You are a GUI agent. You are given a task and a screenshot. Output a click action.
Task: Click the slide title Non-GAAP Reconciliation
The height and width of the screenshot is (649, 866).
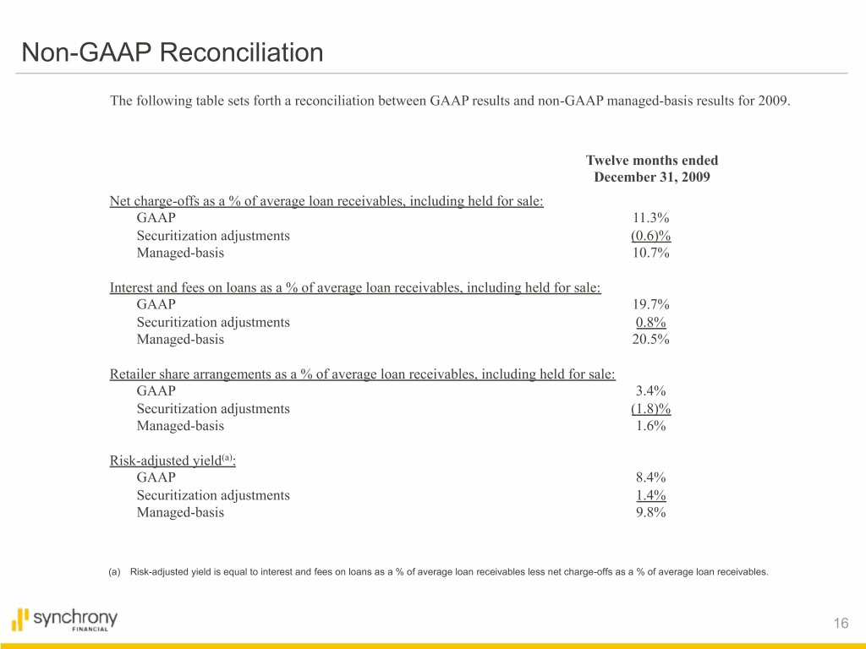tap(173, 53)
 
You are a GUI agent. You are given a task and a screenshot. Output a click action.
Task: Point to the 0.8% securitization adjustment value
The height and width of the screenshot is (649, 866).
tap(650, 322)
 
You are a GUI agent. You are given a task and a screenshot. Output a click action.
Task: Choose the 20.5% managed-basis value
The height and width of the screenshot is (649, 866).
tap(650, 339)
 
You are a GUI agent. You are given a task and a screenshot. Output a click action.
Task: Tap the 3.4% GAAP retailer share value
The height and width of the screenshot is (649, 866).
tap(650, 390)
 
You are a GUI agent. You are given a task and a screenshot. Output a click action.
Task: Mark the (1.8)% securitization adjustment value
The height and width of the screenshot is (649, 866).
tap(650, 408)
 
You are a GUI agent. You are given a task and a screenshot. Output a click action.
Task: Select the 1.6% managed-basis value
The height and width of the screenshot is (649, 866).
tap(650, 426)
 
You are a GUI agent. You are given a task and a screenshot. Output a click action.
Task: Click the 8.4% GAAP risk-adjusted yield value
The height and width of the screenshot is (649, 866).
tap(650, 477)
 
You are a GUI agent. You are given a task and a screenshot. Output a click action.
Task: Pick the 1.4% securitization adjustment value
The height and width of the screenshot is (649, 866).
tap(650, 495)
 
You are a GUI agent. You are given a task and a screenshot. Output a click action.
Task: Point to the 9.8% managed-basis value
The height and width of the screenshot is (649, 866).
tap(650, 512)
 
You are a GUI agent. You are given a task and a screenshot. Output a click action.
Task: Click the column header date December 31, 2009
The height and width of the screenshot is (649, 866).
tap(651, 177)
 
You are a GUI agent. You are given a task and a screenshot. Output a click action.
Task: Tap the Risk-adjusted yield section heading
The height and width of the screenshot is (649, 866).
tap(173, 461)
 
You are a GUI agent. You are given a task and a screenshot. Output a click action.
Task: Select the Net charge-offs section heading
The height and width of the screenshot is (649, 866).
tap(326, 201)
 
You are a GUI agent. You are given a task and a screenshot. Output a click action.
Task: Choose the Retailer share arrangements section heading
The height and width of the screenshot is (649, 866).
tap(362, 374)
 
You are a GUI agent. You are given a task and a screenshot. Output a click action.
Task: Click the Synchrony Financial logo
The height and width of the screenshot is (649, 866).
tap(65, 620)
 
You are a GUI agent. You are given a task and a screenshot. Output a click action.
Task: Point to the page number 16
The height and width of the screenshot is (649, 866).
tap(840, 624)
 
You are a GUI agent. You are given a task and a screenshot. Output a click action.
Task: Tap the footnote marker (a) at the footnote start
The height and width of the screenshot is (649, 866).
tap(115, 572)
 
